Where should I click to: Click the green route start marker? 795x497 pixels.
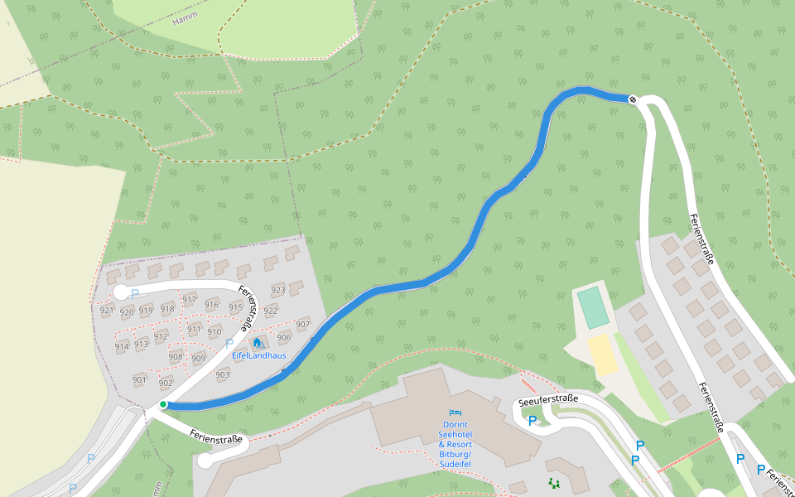click(x=163, y=404)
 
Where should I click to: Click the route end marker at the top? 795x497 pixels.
click(x=633, y=99)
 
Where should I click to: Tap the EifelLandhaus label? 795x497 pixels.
click(x=258, y=355)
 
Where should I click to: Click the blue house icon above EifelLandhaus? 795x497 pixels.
click(x=257, y=342)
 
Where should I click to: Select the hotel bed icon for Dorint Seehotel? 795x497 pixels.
click(x=455, y=412)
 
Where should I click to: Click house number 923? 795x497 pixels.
click(x=278, y=290)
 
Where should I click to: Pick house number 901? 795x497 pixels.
click(x=139, y=379)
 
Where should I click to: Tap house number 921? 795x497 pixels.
click(x=106, y=311)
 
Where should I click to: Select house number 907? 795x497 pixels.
click(x=302, y=324)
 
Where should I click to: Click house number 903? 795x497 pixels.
click(x=222, y=374)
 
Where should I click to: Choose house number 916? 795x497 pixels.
click(x=211, y=304)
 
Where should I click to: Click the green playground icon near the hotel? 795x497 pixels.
click(x=553, y=482)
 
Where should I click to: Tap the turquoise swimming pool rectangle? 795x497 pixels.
click(x=593, y=306)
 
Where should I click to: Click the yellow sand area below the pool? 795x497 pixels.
click(x=604, y=355)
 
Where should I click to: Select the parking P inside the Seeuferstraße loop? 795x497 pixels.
click(x=532, y=421)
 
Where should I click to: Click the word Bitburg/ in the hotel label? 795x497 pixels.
click(x=455, y=454)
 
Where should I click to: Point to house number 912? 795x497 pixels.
click(x=161, y=336)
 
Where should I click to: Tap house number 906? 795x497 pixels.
click(x=284, y=337)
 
